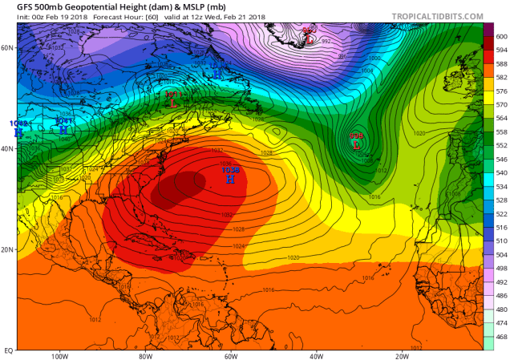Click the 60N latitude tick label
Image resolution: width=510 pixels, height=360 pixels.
click(8, 47)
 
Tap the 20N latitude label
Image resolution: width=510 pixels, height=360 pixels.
click(8, 249)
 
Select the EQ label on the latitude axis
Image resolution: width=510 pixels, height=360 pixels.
click(8, 350)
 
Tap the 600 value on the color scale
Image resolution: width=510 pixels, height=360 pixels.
click(499, 36)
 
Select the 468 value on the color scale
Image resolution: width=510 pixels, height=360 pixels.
click(499, 337)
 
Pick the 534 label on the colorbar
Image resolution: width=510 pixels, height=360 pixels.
click(499, 186)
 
